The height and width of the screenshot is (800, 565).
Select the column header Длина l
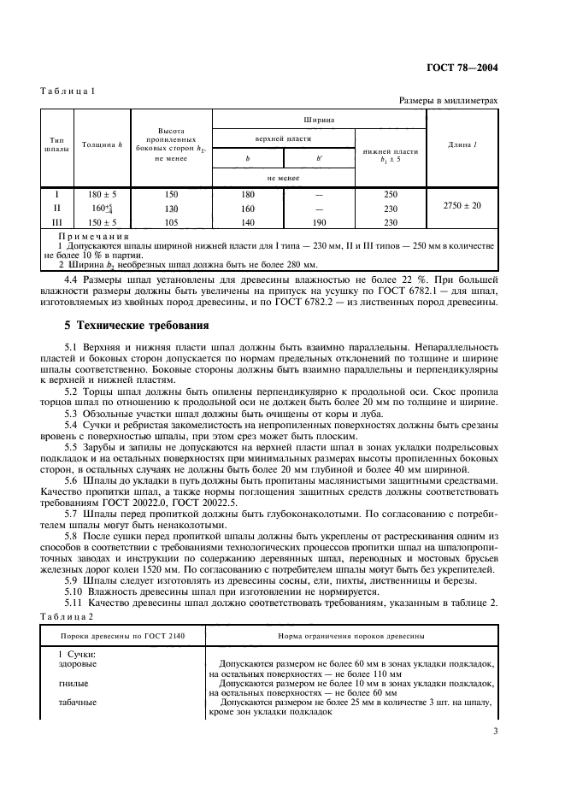(x=462, y=145)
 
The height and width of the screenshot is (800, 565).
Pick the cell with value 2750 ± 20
(x=462, y=206)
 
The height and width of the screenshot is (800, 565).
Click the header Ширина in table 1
(x=318, y=121)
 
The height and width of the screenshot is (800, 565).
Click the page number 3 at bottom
(x=496, y=731)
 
